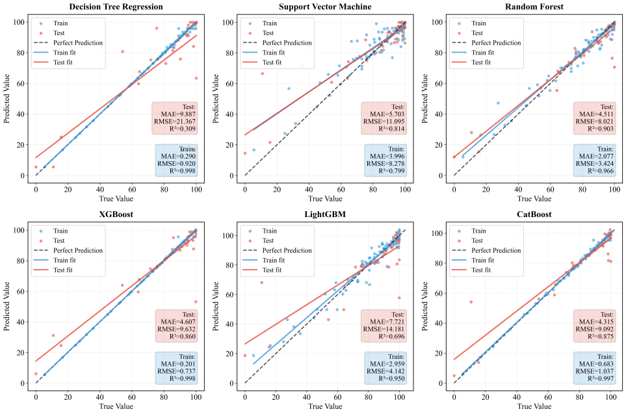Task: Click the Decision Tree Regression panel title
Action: [115, 6]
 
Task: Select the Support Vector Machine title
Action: [324, 6]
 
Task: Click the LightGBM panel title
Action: [324, 214]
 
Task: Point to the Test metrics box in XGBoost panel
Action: [176, 326]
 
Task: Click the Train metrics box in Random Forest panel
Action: [595, 160]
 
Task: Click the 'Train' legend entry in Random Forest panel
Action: [481, 22]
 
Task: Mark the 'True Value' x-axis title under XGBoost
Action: [115, 406]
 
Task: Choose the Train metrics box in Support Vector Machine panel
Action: [385, 160]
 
